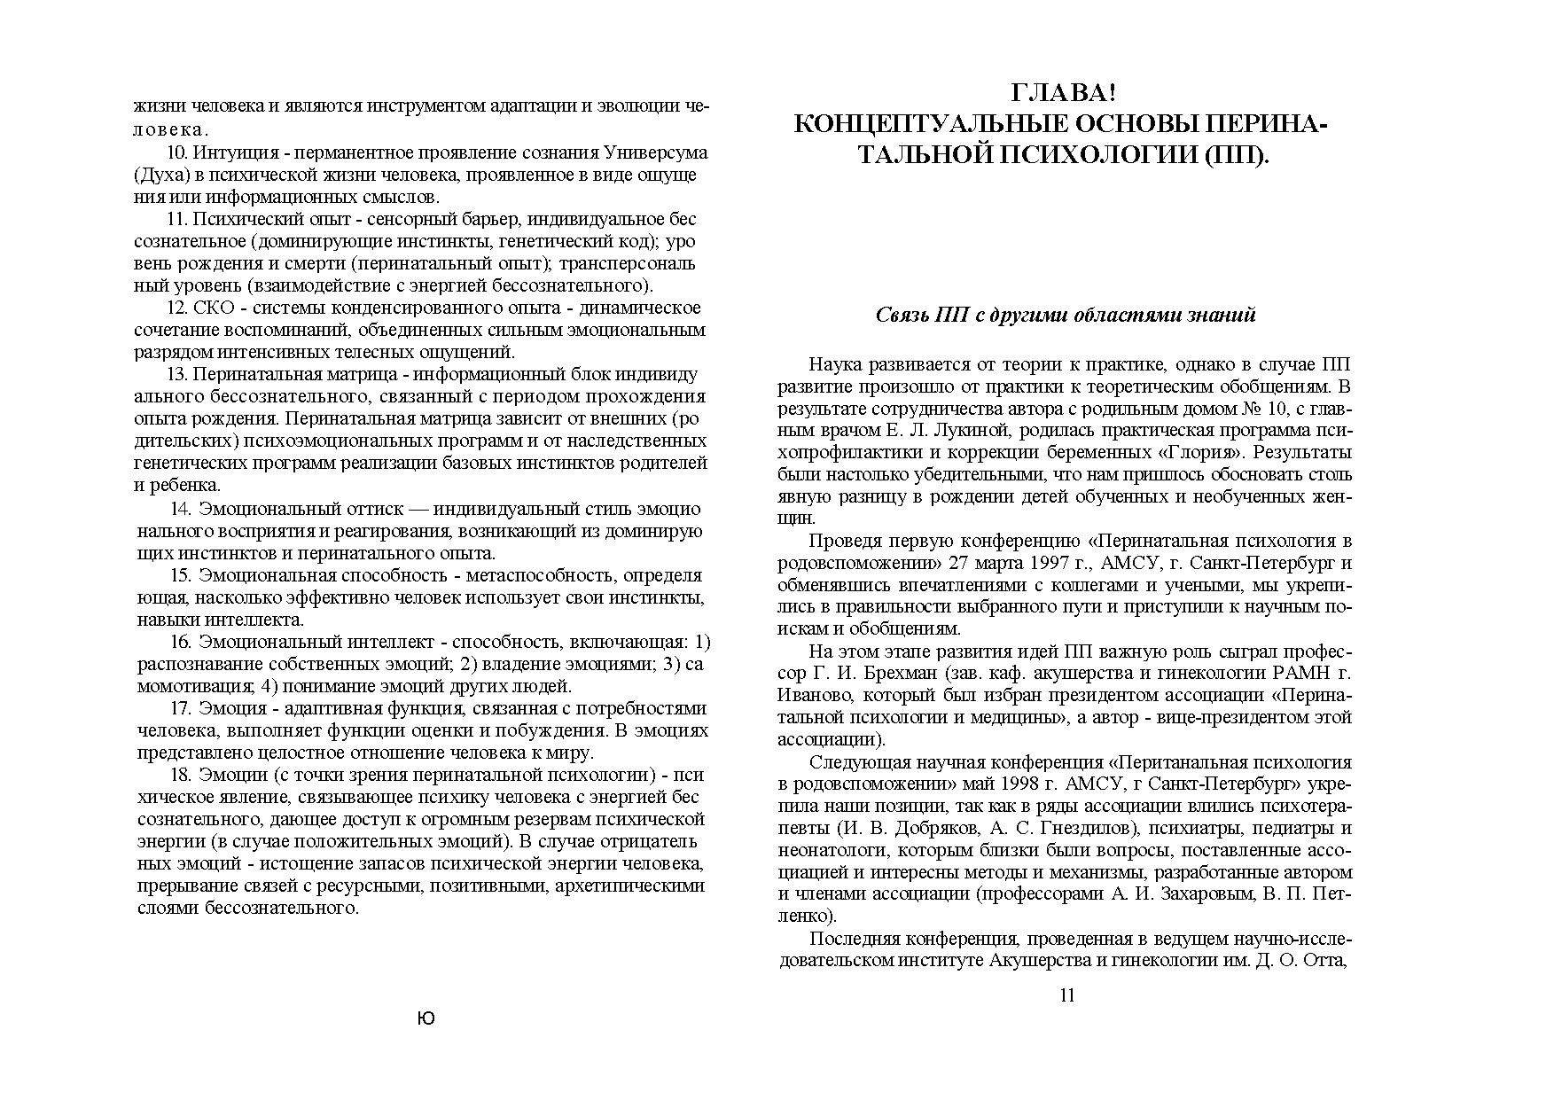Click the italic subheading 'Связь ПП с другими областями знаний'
pyautogui.click(x=1066, y=316)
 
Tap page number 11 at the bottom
pyautogui.click(x=1067, y=995)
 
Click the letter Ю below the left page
pyautogui.click(x=426, y=1019)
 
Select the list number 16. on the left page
pyautogui.click(x=181, y=642)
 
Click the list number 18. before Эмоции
pyautogui.click(x=181, y=775)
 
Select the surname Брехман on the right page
pyautogui.click(x=899, y=674)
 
